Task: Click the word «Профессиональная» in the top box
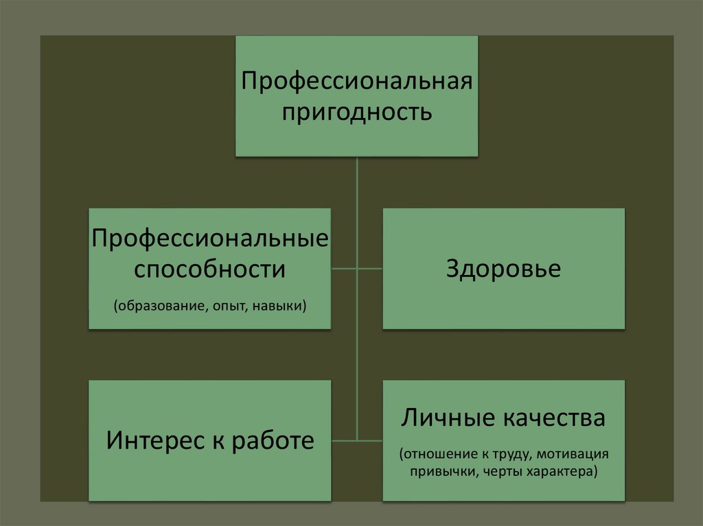coord(356,81)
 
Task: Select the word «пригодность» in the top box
coord(356,110)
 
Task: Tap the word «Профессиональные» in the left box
coord(209,239)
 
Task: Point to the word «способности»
coord(209,269)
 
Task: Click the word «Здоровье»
coord(503,269)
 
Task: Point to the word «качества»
coord(554,418)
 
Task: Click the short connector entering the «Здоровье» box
coord(370,269)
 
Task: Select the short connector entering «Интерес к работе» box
coord(344,440)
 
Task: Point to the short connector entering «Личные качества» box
coord(370,440)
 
